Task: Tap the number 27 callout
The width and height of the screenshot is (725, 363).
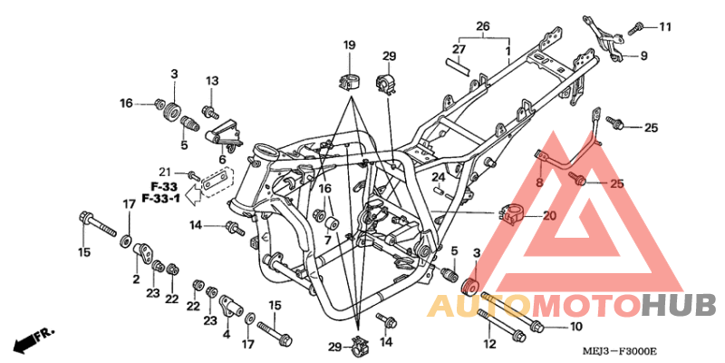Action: point(459,50)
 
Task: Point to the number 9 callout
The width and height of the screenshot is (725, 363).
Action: point(643,56)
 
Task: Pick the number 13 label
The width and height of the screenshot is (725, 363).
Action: point(211,82)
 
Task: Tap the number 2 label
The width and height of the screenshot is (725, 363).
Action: point(136,280)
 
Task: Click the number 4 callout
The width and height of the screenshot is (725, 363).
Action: point(226,321)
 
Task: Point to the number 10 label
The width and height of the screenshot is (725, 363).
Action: point(576,326)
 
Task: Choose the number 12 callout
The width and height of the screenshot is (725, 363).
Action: point(489,344)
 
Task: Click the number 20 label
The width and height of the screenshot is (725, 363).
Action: point(549,216)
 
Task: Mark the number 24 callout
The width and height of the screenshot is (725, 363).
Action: point(436,177)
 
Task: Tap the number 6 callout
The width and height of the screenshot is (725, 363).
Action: point(221,160)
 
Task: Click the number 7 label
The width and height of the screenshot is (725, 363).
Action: point(328,240)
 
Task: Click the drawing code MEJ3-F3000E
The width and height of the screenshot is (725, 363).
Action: point(621,351)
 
